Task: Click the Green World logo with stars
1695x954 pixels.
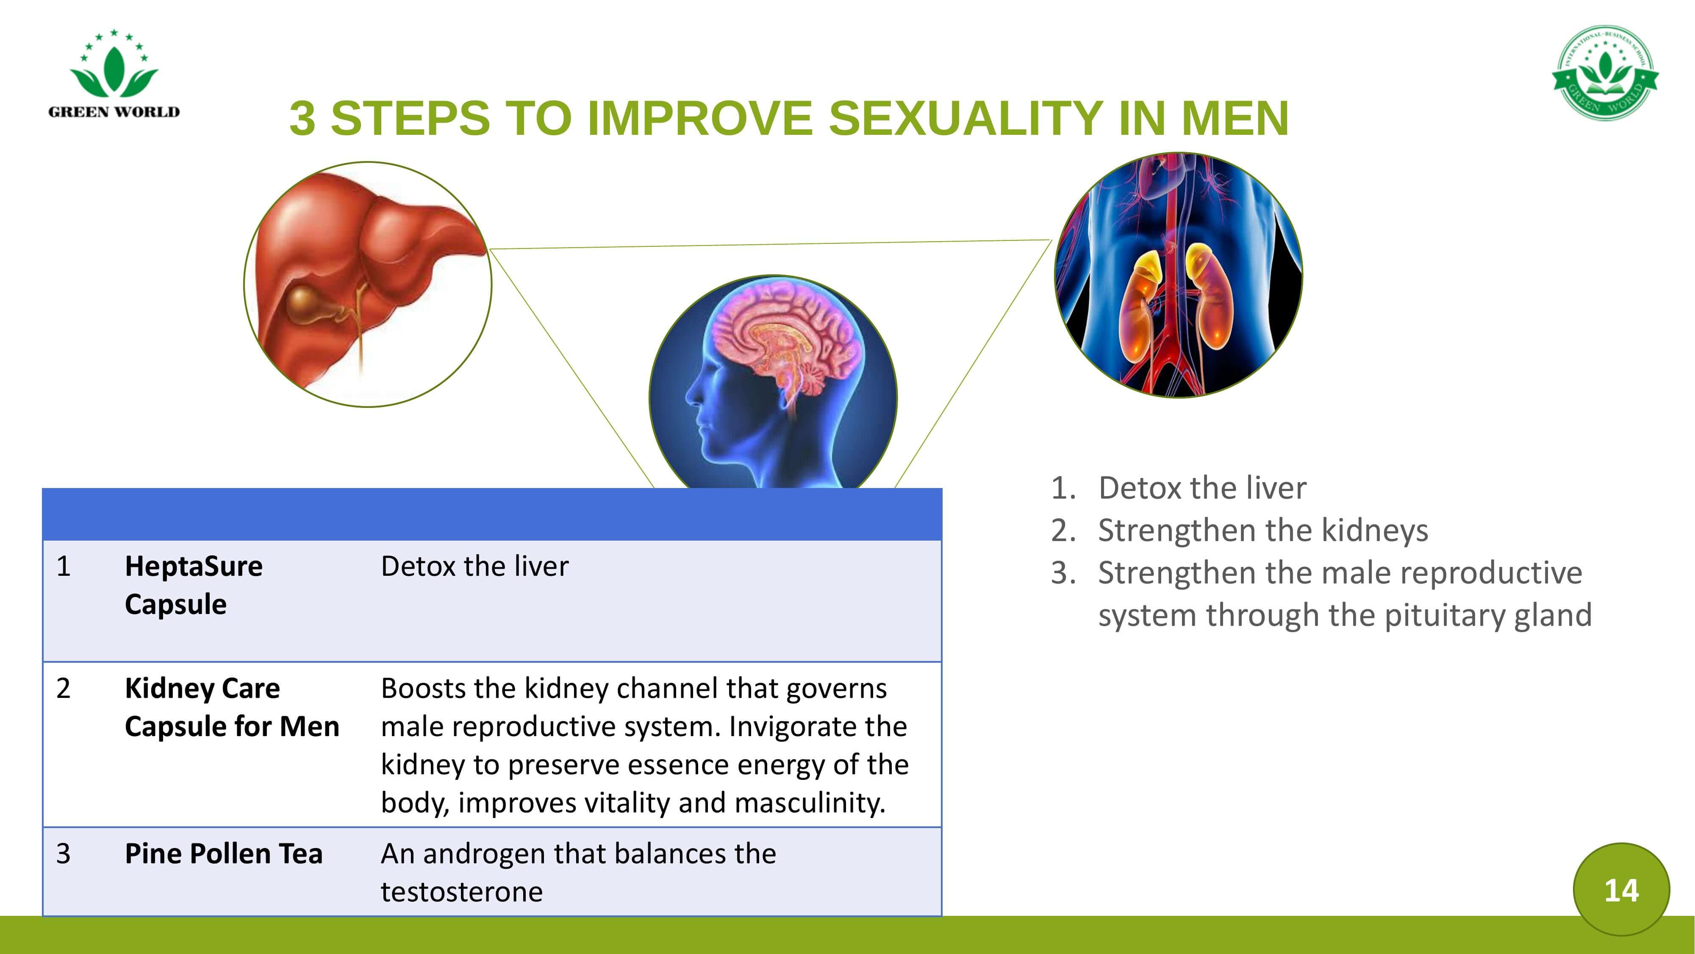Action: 114,74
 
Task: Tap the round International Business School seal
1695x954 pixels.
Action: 1606,73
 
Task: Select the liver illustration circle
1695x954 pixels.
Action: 368,285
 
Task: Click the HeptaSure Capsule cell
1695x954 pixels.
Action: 194,585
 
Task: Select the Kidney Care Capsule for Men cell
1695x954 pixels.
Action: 232,707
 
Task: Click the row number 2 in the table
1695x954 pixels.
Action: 63,689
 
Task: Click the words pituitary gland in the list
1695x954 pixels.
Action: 1488,616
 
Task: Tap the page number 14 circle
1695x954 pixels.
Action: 1621,890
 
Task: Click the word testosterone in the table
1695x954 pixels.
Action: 461,892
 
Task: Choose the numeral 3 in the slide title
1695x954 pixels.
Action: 302,119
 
